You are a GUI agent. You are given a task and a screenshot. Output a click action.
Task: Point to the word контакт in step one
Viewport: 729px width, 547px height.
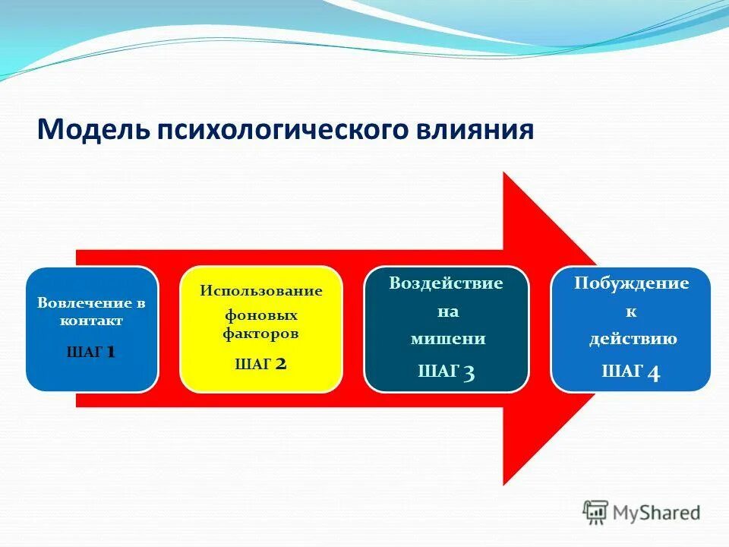[92, 321]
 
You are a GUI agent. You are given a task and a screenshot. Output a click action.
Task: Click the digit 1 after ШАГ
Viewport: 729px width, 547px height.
[111, 352]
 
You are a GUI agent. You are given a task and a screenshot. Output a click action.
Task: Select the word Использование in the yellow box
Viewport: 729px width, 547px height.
[261, 291]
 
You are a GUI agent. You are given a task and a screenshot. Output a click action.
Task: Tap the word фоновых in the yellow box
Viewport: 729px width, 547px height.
[260, 315]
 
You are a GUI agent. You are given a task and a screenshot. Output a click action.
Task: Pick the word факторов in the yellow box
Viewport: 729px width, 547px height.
[260, 333]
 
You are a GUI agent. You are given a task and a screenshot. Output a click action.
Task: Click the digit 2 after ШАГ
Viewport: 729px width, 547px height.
[280, 364]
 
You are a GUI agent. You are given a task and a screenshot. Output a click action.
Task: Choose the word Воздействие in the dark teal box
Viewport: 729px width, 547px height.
[446, 283]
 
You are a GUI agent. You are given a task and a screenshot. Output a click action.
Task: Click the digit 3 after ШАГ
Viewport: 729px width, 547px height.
[469, 372]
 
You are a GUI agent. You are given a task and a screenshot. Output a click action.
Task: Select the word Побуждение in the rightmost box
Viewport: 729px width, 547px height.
[631, 283]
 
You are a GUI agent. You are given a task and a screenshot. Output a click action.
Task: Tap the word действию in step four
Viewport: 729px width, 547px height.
[633, 339]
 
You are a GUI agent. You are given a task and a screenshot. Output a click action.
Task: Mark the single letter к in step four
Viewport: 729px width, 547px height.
[631, 311]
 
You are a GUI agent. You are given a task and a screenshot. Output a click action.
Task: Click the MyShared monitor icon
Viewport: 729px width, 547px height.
[595, 513]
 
